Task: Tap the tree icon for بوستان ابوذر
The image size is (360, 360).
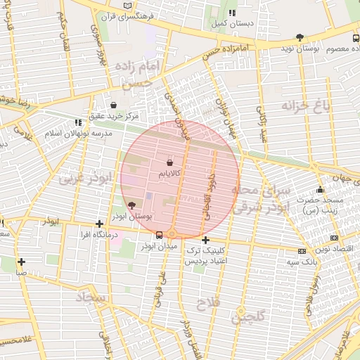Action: tap(132, 205)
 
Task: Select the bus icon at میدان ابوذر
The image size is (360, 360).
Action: tap(160, 235)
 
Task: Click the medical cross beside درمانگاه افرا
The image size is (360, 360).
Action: tap(99, 224)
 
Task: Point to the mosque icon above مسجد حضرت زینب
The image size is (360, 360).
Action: tap(320, 189)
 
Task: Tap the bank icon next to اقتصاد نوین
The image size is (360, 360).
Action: tap(334, 238)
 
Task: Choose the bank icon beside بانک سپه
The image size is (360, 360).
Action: tap(302, 251)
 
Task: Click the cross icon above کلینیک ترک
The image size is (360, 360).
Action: tap(205, 240)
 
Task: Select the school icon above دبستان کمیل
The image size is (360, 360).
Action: tap(231, 13)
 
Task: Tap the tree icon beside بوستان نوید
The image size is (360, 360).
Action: tap(300, 37)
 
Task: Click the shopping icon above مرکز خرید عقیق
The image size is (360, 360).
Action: tap(113, 105)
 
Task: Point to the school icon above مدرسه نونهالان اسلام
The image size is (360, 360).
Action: tap(77, 122)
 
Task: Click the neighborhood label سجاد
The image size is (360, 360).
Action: tap(93, 298)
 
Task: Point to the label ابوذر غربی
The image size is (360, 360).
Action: tap(86, 179)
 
